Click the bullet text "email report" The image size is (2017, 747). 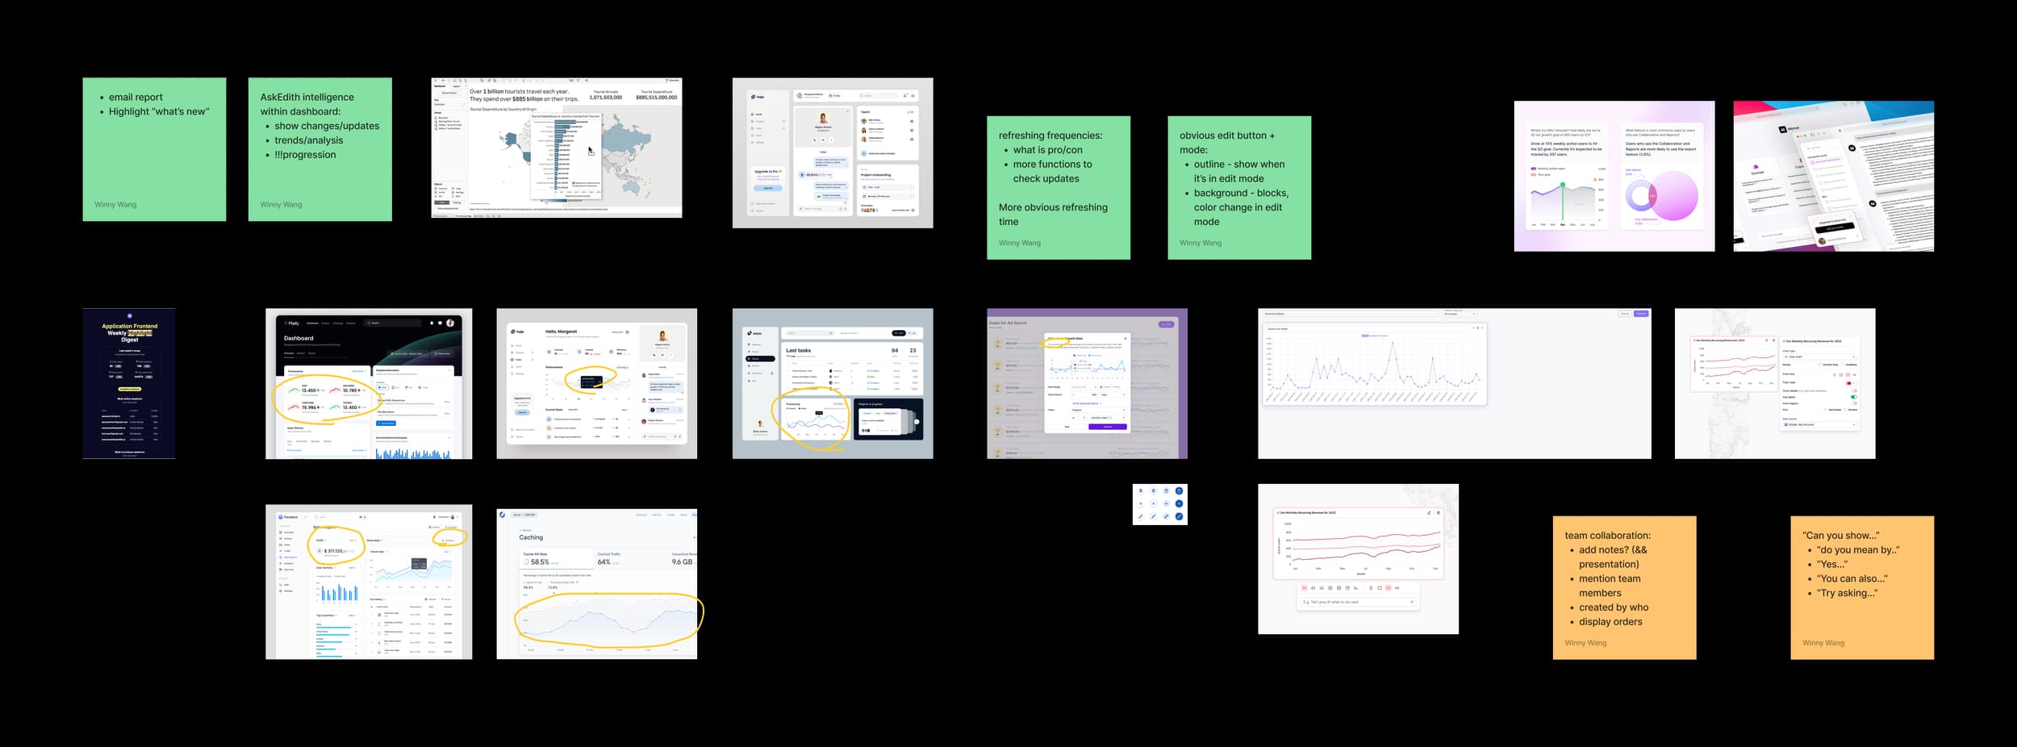(x=136, y=98)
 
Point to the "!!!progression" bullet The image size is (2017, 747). (x=305, y=155)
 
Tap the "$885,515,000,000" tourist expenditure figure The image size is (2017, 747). (x=656, y=98)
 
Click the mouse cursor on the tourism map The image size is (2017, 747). (x=591, y=151)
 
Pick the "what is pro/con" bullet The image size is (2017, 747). (x=1047, y=150)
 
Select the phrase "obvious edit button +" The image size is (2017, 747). (x=1227, y=136)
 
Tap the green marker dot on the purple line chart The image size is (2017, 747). (x=1563, y=185)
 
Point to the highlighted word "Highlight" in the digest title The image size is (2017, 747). (x=140, y=332)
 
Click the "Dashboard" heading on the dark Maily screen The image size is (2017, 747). (x=299, y=338)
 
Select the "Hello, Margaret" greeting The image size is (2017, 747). (x=561, y=332)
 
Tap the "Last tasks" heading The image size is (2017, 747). (x=798, y=351)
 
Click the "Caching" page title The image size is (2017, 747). (x=531, y=537)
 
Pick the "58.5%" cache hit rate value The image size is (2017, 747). (x=539, y=562)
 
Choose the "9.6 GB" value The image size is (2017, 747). (x=682, y=562)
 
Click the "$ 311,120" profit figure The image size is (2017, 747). (x=335, y=551)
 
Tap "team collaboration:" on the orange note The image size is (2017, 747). (x=1607, y=536)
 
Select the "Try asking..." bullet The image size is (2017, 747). (x=1847, y=593)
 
